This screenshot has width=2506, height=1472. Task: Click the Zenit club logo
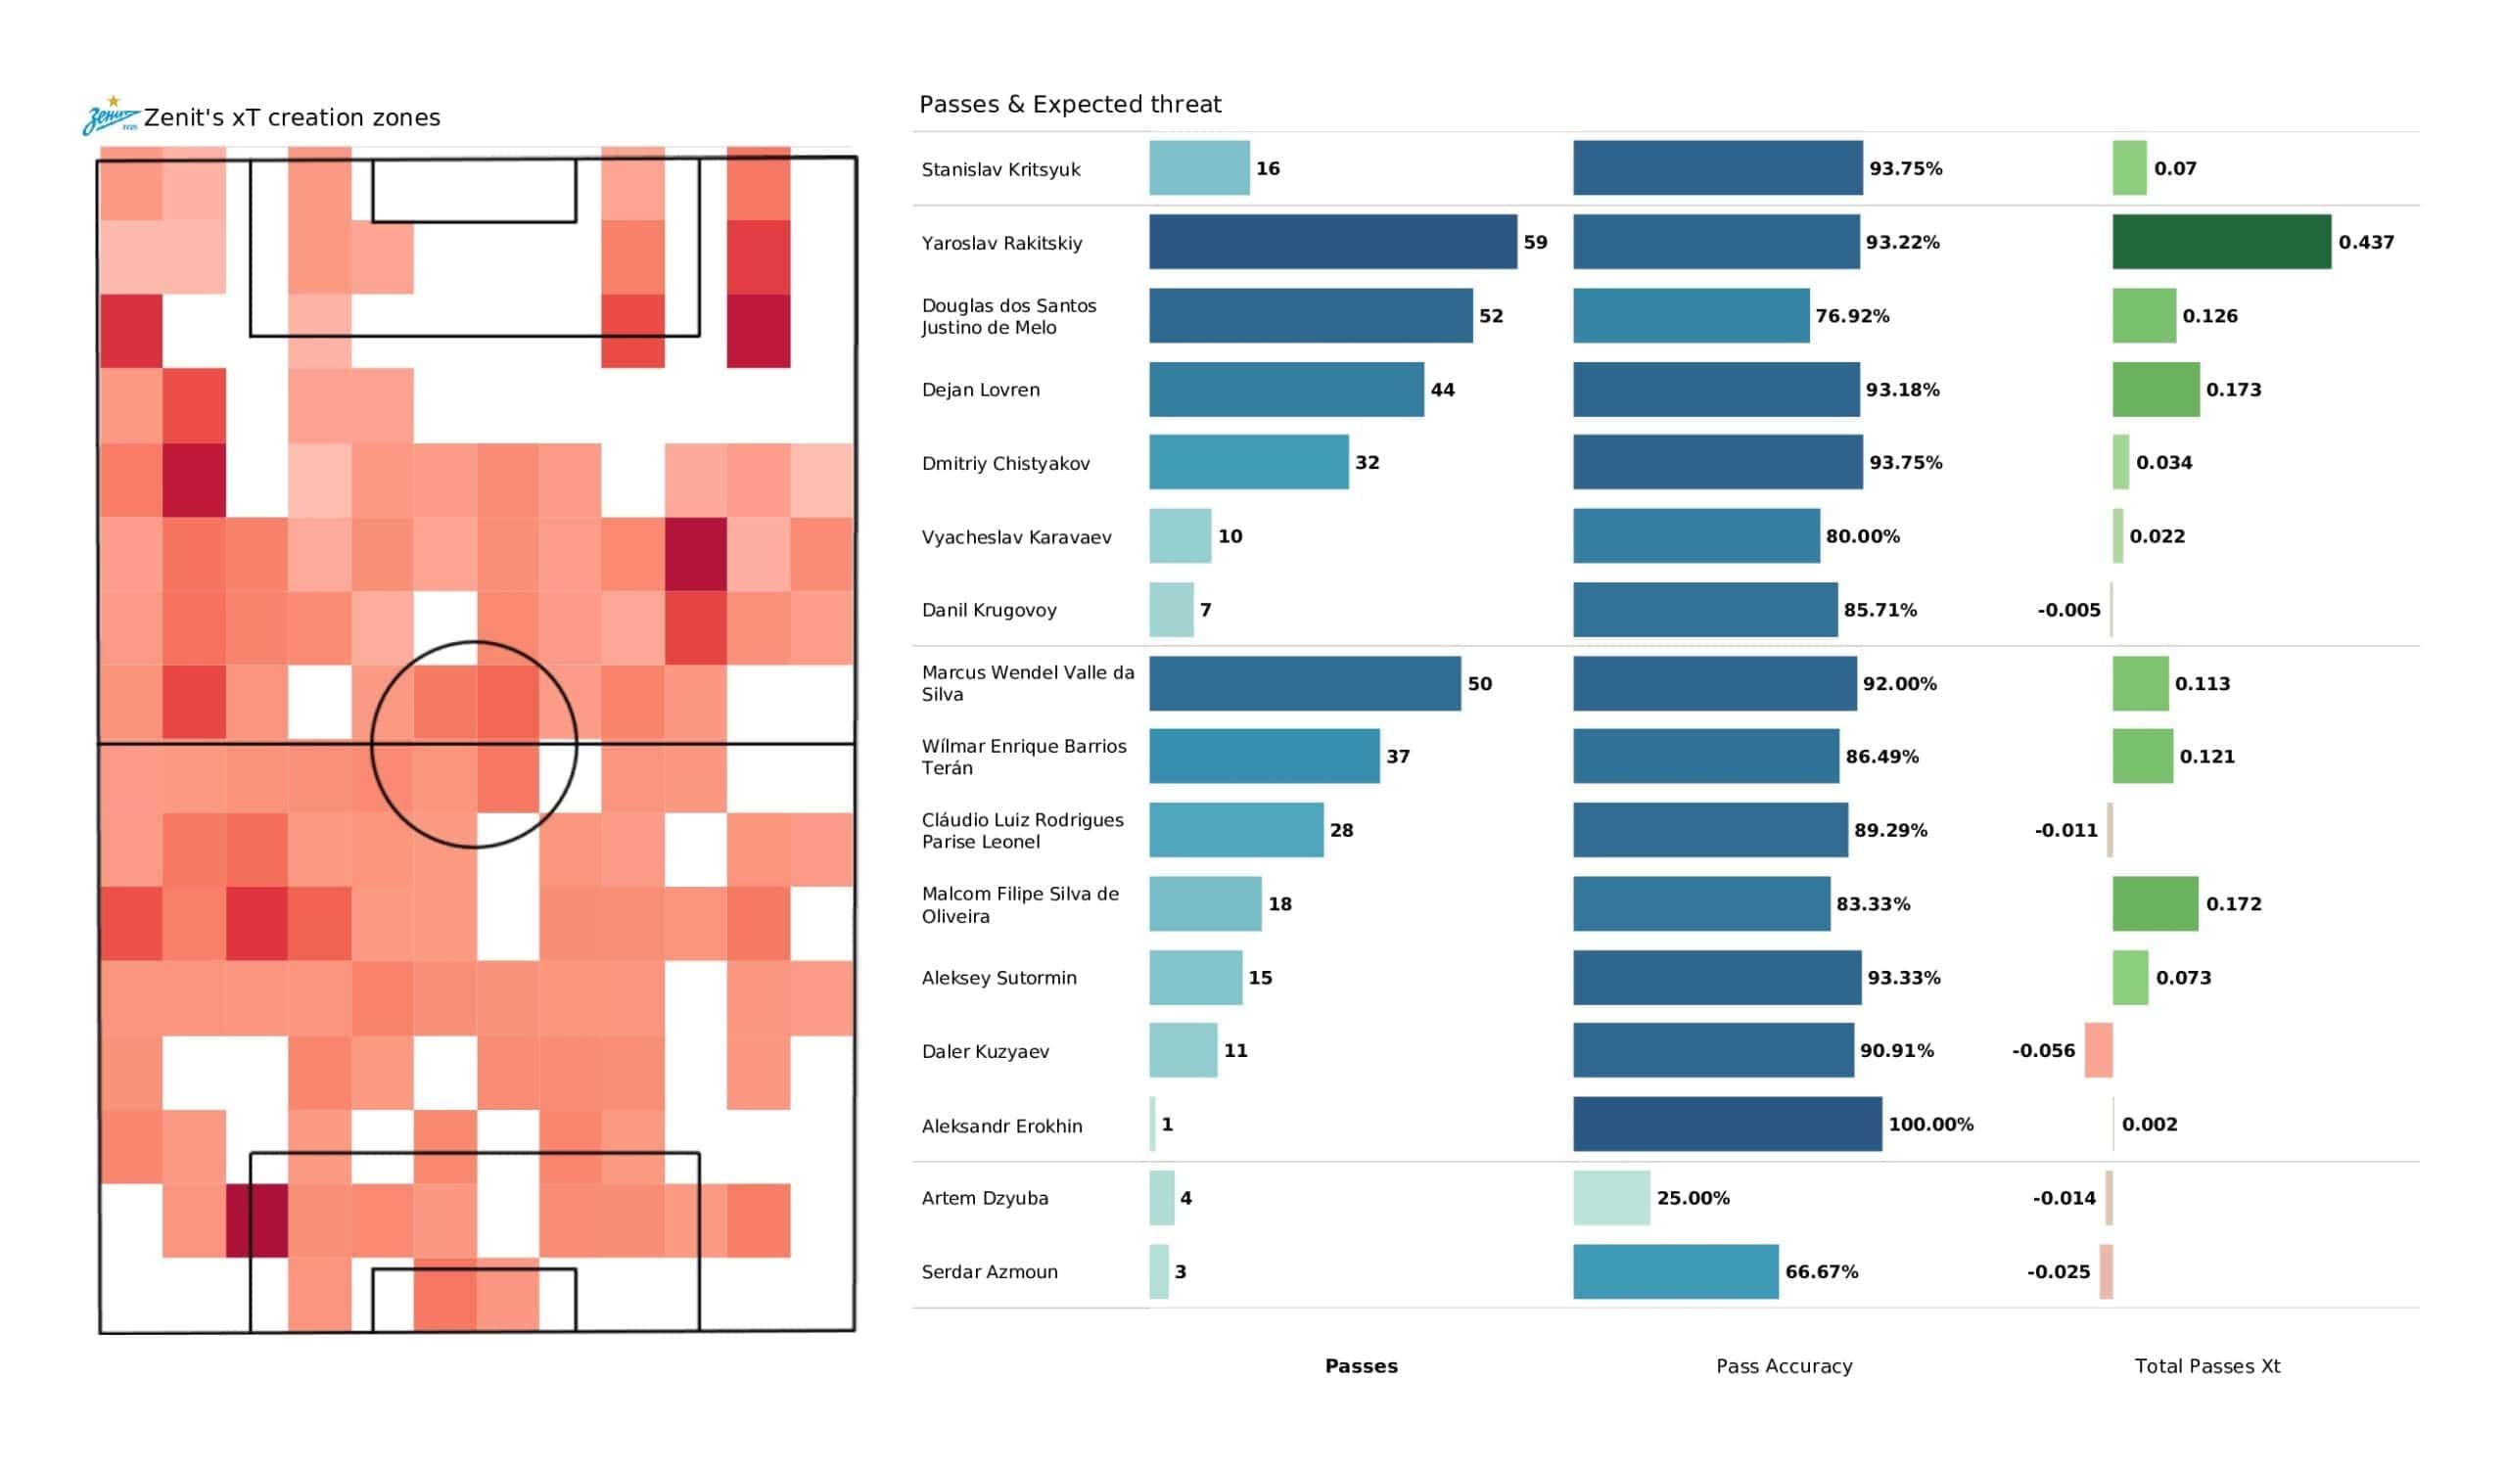pos(111,115)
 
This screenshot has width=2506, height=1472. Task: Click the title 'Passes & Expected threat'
pos(1069,105)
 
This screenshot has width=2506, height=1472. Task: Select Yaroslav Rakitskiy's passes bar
pos(1332,242)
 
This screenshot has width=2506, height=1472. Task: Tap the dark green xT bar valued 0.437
pos(2220,242)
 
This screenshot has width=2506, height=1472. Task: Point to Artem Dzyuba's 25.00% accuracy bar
pos(1611,1198)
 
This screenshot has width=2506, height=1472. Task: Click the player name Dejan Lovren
pos(981,390)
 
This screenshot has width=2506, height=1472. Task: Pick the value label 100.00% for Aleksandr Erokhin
pos(1930,1124)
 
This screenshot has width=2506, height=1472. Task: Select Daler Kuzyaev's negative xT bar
pos(2098,1050)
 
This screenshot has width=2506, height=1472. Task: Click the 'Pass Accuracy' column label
pos(1784,1365)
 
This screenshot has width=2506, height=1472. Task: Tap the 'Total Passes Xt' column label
pos(2206,1365)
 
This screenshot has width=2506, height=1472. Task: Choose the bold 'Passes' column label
pos(1361,1365)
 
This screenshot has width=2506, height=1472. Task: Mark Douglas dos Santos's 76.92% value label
pos(1852,316)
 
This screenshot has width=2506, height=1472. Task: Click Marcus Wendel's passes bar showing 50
pos(1305,683)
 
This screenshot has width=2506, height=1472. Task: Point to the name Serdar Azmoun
pos(990,1271)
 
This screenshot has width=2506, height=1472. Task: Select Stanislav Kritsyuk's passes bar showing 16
pos(1199,168)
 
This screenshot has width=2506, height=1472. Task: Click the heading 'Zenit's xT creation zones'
pos(292,117)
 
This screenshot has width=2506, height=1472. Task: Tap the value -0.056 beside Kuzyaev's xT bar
pos(2043,1050)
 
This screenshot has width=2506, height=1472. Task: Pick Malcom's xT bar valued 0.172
pos(2155,903)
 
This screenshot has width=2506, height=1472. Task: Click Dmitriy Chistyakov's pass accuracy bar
pos(1717,463)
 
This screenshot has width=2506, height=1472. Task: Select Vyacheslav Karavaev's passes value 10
pos(1230,536)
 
